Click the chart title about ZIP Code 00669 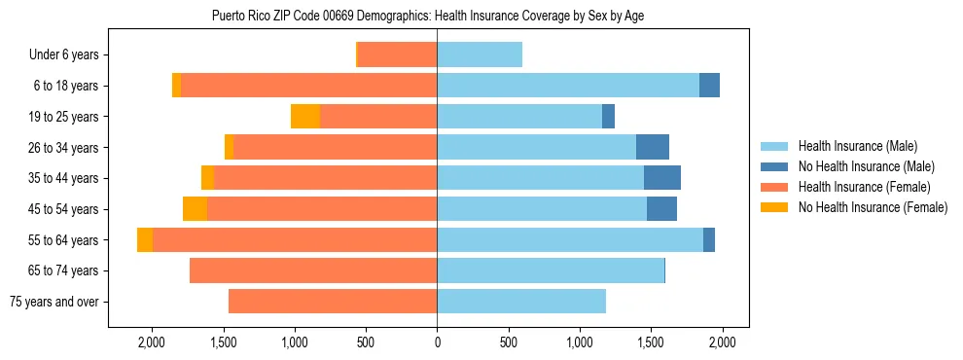[x=427, y=16]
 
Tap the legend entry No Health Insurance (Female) [x=873, y=207]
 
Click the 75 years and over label [x=53, y=302]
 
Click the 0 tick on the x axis [x=437, y=342]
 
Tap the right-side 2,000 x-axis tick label [x=722, y=342]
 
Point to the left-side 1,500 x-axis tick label [x=224, y=342]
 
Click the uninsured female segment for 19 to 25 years [x=305, y=117]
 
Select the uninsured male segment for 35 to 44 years [x=662, y=178]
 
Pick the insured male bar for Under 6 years [x=480, y=55]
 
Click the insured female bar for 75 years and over [x=333, y=302]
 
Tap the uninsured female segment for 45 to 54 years [x=195, y=209]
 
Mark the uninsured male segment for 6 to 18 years [x=709, y=86]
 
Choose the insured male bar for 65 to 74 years [x=551, y=270]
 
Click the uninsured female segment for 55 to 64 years [x=145, y=240]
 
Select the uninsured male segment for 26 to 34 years [x=653, y=147]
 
